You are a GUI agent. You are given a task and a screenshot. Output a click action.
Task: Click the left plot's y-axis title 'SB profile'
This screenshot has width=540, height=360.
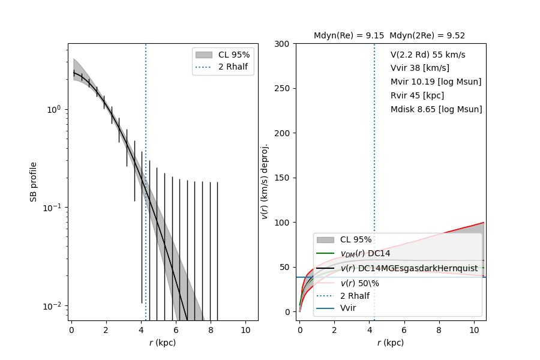pyautogui.click(x=34, y=181)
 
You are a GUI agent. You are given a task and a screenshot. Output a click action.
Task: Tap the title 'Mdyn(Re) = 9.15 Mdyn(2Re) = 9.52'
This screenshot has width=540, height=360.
pyautogui.click(x=389, y=36)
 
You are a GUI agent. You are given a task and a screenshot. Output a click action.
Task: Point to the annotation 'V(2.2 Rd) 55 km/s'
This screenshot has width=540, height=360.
pyautogui.click(x=428, y=55)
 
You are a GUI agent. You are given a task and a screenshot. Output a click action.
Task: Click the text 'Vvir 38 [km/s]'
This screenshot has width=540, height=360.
pyautogui.click(x=420, y=68)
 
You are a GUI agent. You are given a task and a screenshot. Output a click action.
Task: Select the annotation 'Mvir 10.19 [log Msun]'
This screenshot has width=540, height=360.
pyautogui.click(x=436, y=82)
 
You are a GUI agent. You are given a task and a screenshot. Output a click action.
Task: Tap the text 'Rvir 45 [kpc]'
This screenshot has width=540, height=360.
pyautogui.click(x=417, y=95)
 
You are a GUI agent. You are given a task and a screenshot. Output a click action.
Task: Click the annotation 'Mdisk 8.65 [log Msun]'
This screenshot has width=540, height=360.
pyautogui.click(x=436, y=109)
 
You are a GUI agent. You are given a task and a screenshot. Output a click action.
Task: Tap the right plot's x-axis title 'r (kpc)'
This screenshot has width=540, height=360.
pyautogui.click(x=391, y=343)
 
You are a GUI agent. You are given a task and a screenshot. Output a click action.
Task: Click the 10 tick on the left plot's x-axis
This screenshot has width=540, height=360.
pyautogui.click(x=245, y=330)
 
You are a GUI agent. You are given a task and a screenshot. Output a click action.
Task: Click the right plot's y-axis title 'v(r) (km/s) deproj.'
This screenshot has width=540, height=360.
pyautogui.click(x=264, y=181)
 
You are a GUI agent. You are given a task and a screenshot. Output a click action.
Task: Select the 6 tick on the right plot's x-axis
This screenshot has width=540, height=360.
pyautogui.click(x=404, y=330)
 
